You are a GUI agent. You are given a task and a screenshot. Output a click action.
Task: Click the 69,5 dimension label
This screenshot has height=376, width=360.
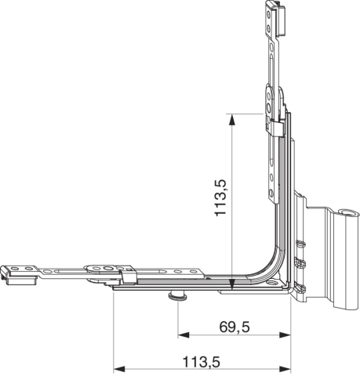(235, 327)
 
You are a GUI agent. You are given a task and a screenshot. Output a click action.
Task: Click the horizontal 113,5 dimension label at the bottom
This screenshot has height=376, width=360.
(202, 363)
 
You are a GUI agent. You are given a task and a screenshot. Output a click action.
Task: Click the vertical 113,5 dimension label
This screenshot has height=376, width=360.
(220, 197)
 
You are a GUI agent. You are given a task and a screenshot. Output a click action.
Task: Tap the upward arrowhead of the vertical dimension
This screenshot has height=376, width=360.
(231, 121)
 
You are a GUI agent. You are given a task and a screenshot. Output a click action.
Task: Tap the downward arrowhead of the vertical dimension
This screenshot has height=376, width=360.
(232, 284)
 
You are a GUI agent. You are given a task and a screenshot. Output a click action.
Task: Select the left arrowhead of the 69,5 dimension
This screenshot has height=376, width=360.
(184, 335)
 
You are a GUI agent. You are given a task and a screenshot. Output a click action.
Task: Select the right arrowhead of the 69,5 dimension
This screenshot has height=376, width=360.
(285, 335)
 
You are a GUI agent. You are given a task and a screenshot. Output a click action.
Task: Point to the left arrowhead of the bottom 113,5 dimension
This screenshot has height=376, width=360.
(119, 369)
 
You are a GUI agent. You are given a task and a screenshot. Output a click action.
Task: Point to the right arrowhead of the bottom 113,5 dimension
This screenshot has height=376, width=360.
(285, 369)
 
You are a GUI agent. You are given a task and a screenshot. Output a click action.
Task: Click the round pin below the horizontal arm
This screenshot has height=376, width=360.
(178, 296)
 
